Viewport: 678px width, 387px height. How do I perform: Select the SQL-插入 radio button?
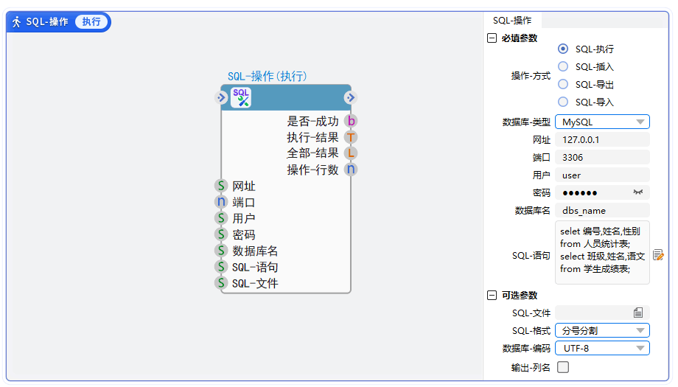(x=562, y=66)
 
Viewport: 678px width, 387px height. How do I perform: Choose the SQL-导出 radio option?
(x=562, y=84)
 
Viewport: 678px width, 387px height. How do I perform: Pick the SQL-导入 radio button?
(x=562, y=102)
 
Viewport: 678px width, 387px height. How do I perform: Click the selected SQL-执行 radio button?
(x=562, y=49)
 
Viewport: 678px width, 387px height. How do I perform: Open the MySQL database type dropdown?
(x=602, y=122)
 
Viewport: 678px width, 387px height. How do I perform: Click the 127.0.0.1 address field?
(x=602, y=139)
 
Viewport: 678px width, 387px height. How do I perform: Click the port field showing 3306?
(x=602, y=158)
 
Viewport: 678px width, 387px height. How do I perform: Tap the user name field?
(x=602, y=175)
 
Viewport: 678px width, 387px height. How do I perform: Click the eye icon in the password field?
(x=637, y=192)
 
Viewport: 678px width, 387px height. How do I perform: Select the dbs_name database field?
(x=602, y=211)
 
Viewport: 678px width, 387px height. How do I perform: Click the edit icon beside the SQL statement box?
(x=658, y=255)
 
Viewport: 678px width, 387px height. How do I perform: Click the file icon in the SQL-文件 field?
(x=638, y=313)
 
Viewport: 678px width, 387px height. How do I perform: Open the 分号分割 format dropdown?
(x=602, y=331)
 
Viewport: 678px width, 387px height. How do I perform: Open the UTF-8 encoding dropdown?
(x=602, y=349)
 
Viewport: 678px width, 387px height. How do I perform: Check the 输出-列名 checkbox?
(x=563, y=367)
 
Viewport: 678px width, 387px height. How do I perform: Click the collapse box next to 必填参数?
(x=492, y=38)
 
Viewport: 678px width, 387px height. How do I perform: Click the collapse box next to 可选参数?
(x=492, y=296)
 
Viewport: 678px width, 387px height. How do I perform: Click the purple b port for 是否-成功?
(x=351, y=121)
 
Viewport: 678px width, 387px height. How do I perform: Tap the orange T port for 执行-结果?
(x=351, y=138)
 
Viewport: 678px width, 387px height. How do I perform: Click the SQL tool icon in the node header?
(x=241, y=97)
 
